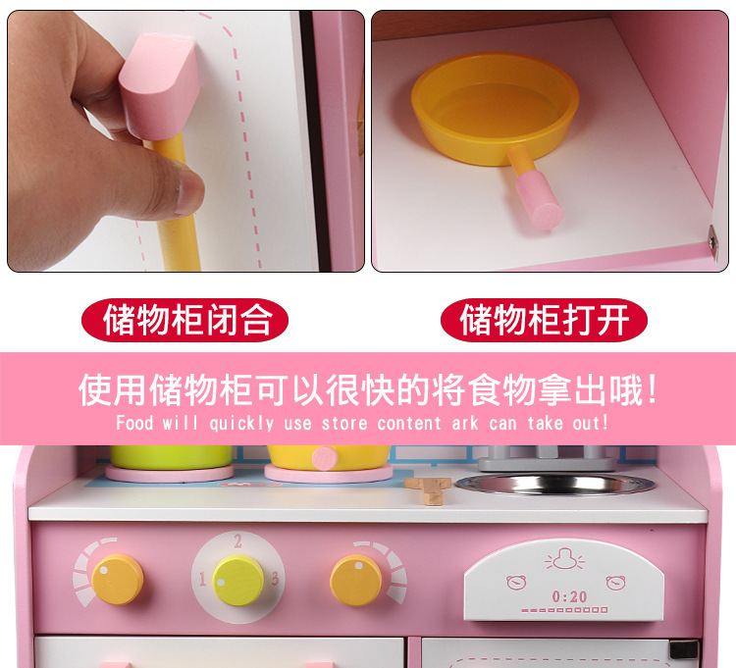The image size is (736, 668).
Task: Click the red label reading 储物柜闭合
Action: click(x=184, y=320)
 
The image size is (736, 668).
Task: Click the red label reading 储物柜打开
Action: click(x=544, y=320)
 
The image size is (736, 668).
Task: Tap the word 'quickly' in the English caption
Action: click(x=241, y=423)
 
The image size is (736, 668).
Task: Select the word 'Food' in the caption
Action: click(x=134, y=423)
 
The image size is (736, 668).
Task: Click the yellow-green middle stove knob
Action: click(x=238, y=581)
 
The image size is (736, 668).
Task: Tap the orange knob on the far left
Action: click(x=118, y=580)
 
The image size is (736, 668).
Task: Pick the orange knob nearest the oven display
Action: click(x=356, y=581)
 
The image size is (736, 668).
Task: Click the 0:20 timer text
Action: click(x=569, y=596)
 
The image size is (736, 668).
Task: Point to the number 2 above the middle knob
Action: click(x=238, y=540)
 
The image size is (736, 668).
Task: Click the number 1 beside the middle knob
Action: click(x=202, y=579)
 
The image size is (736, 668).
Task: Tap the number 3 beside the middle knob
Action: click(x=275, y=578)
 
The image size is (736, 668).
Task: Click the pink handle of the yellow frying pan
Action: click(x=539, y=199)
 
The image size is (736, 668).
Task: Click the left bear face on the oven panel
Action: click(x=516, y=582)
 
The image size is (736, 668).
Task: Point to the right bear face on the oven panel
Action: click(x=615, y=582)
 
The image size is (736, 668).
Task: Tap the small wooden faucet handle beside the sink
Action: click(x=428, y=490)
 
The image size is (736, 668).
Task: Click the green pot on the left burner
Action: click(x=171, y=457)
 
